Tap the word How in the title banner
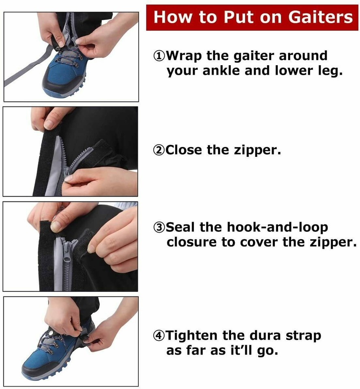tap(172, 18)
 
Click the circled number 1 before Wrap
tap(159, 56)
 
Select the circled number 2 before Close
tap(159, 150)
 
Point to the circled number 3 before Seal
tap(159, 227)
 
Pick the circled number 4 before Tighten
tap(159, 336)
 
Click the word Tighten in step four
tap(193, 336)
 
